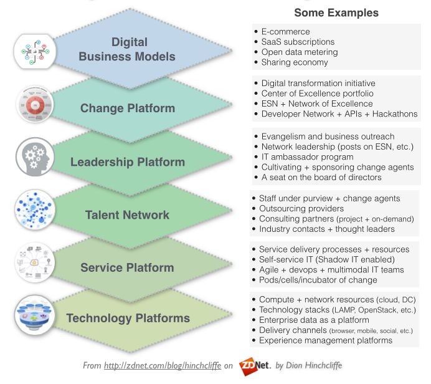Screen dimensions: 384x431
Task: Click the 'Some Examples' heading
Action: pyautogui.click(x=336, y=12)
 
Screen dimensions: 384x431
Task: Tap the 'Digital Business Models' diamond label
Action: pyautogui.click(x=130, y=49)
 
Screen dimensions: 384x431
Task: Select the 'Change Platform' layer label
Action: pyautogui.click(x=128, y=108)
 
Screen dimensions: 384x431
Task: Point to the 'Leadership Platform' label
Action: pyautogui.click(x=128, y=162)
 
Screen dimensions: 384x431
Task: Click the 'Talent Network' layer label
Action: pyautogui.click(x=127, y=215)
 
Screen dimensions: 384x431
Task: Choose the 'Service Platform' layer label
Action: pyautogui.click(x=127, y=267)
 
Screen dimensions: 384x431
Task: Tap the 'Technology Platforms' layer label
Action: pyautogui.click(x=128, y=319)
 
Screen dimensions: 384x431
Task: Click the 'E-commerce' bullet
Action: pyautogui.click(x=285, y=31)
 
